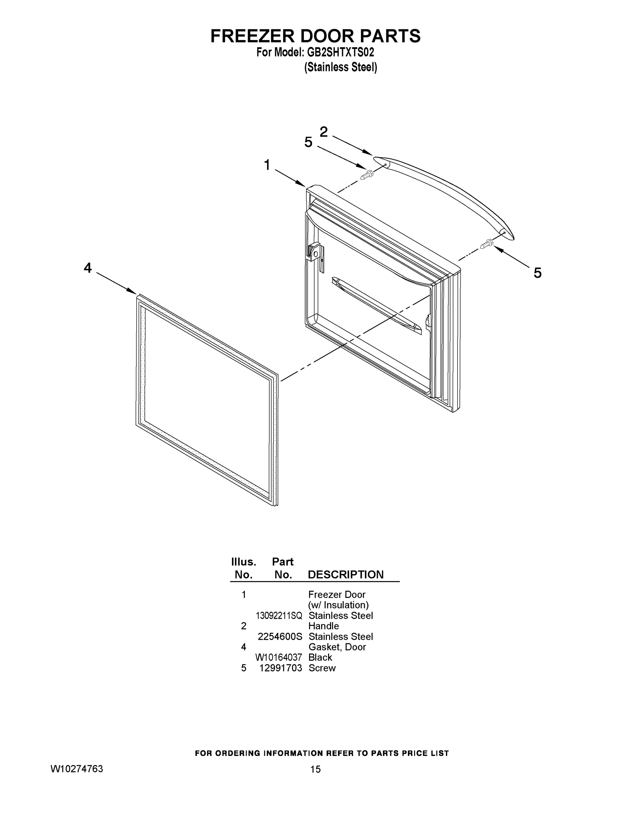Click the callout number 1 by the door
pyautogui.click(x=267, y=165)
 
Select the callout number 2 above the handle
pyautogui.click(x=324, y=132)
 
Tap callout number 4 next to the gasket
pyautogui.click(x=88, y=268)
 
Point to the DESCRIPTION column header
pyautogui.click(x=346, y=575)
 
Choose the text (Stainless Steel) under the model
pyautogui.click(x=341, y=67)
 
